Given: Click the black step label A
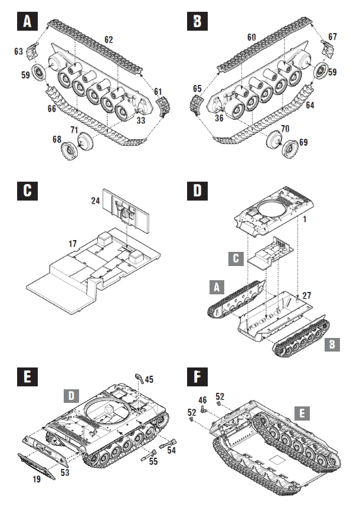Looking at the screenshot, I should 26,22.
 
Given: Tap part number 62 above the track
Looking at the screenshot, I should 108,40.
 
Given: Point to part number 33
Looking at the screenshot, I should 140,120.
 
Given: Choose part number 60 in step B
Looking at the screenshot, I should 251,37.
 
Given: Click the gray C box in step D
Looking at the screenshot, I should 235,258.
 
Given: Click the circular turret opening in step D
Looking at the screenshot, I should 274,211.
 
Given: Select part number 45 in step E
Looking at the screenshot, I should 149,379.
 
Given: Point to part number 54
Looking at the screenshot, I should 172,450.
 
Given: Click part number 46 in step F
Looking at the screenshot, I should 202,400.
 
